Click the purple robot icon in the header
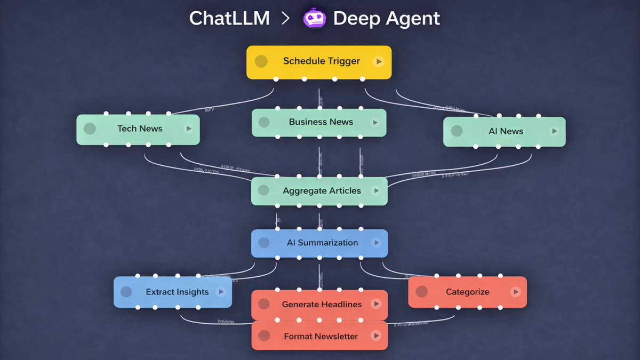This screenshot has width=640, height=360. point(315,19)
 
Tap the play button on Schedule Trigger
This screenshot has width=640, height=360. point(379,61)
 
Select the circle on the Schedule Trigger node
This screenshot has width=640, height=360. point(261,61)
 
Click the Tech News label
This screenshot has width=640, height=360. point(140,129)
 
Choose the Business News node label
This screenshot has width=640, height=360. point(321,122)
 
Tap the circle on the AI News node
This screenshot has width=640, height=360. point(457,131)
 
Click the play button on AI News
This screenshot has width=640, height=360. point(554,131)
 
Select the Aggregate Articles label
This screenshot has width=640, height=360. point(322,191)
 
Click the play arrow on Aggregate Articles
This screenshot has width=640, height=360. point(376,191)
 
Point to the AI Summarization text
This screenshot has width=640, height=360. point(322,243)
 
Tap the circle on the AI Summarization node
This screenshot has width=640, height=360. point(263,243)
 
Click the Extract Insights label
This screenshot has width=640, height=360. point(177,292)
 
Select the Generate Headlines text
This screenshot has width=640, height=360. point(322,305)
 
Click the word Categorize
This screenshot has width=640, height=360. point(468,292)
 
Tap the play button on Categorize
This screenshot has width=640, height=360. point(515,292)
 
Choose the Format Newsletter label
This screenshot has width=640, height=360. point(321,337)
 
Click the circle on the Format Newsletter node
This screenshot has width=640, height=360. point(263,336)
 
